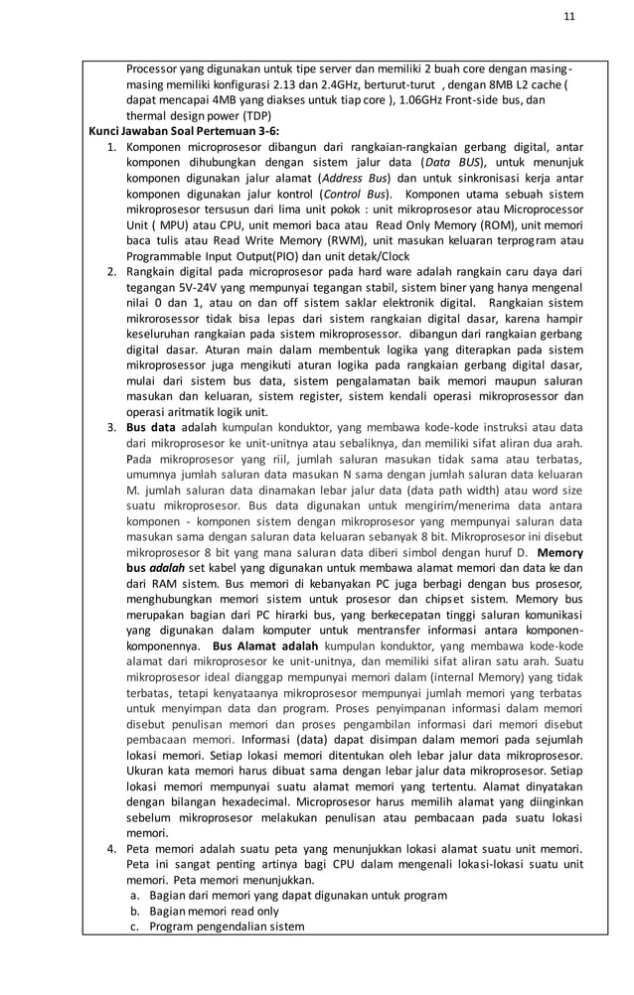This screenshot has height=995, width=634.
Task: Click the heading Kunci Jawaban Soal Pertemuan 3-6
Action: (184, 130)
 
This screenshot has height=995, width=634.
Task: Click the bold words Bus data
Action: (151, 426)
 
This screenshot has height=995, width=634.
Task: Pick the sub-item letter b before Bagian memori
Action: (134, 910)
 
